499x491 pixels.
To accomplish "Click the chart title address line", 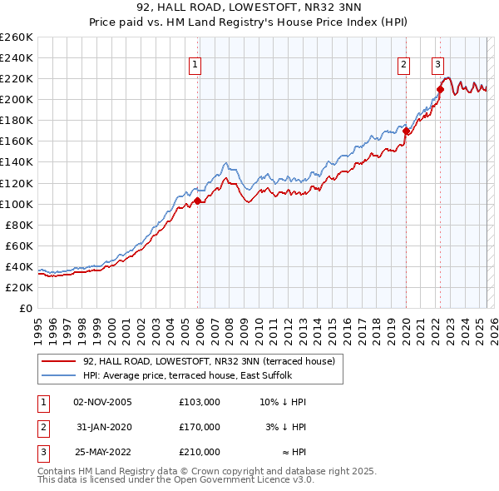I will (x=249, y=8).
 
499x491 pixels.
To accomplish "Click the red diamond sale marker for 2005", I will (x=197, y=201).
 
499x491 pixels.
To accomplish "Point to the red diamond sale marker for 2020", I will (x=406, y=131).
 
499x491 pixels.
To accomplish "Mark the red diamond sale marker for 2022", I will (x=440, y=89).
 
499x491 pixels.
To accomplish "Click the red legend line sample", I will (x=59, y=361).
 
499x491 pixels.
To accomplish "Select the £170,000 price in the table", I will (x=200, y=427).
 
